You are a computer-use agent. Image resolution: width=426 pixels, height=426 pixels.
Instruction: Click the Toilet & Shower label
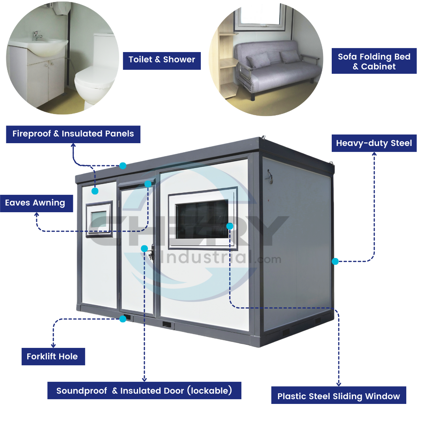tap(162, 60)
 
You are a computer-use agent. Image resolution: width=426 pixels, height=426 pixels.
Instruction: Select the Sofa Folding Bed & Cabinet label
tap(374, 62)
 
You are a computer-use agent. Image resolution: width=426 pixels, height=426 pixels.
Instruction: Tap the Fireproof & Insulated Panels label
tap(73, 134)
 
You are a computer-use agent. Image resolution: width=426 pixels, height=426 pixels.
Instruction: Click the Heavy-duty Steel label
tap(374, 143)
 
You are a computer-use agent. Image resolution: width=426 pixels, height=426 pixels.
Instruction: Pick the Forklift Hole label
tap(52, 357)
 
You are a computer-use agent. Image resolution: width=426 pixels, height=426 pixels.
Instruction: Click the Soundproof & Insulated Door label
tap(144, 391)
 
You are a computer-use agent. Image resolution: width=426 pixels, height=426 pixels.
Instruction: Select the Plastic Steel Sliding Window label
tap(338, 396)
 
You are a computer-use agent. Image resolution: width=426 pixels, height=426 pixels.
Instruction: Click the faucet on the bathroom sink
tap(37, 35)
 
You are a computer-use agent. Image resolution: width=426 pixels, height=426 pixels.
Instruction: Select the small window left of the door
tap(99, 219)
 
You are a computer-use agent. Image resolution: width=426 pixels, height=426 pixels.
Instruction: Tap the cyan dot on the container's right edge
tap(335, 261)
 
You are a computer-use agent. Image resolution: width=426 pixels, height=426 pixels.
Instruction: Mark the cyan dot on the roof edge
tap(123, 166)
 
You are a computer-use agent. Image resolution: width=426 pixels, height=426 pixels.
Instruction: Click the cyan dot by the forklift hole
tap(123, 319)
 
